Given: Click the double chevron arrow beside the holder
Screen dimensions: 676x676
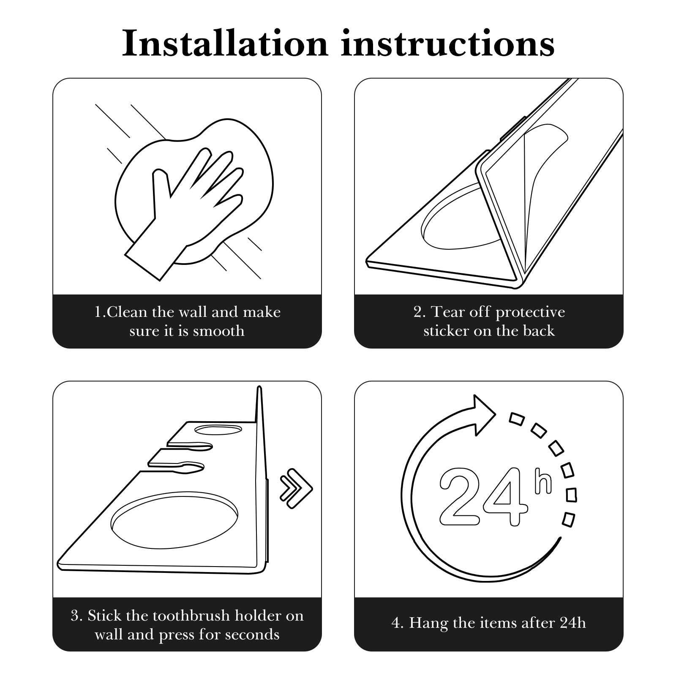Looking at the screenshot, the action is click(x=296, y=488).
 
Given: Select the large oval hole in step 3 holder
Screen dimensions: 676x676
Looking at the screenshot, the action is click(x=174, y=520).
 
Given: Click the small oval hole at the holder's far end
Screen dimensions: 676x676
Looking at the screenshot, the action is click(x=218, y=430).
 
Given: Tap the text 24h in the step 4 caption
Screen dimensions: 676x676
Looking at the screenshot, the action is click(x=573, y=623).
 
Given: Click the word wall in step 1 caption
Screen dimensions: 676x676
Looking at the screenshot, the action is click(x=193, y=312).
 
